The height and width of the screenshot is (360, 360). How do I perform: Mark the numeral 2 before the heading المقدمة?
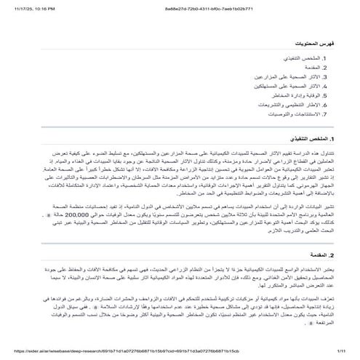point(332,255)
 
